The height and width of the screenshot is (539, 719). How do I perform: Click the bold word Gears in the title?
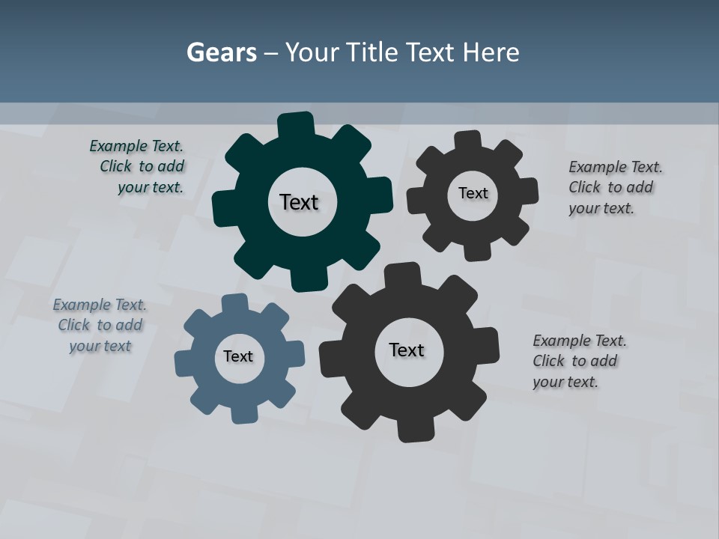click(x=222, y=52)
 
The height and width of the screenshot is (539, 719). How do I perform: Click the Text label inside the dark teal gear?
click(x=299, y=202)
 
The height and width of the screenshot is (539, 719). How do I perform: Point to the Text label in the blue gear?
click(x=238, y=356)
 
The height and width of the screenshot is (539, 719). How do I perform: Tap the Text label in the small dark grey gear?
click(x=473, y=193)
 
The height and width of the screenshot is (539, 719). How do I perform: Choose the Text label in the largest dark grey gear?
click(x=407, y=350)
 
